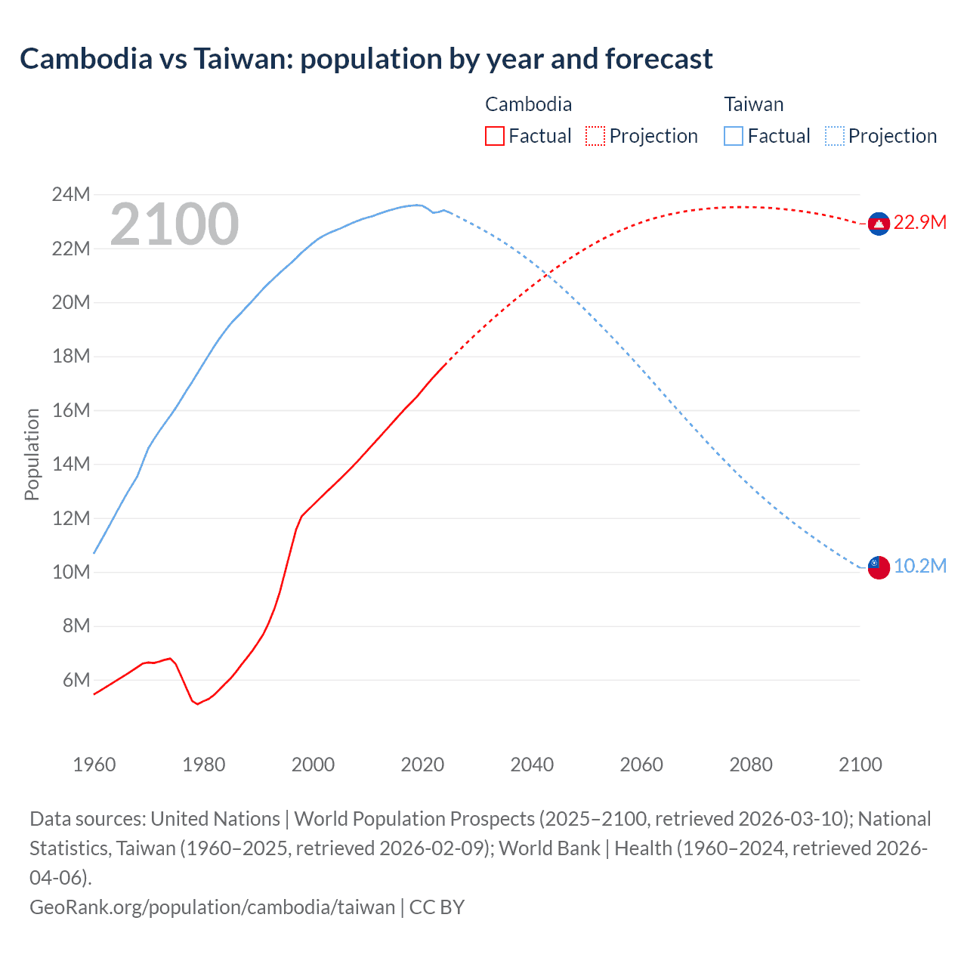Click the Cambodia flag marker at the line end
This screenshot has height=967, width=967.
click(x=878, y=224)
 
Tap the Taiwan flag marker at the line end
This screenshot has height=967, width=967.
click(x=878, y=567)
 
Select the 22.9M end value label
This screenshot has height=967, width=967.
click(x=919, y=223)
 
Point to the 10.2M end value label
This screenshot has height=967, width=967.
click(x=919, y=567)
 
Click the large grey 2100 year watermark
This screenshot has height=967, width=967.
click(x=175, y=224)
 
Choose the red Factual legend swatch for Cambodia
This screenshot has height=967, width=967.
click(x=494, y=136)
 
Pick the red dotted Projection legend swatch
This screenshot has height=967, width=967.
click(x=595, y=136)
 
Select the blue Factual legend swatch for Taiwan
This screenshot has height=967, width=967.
click(x=733, y=136)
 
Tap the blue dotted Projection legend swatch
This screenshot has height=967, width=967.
click(x=834, y=136)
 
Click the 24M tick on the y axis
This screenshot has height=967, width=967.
click(x=71, y=195)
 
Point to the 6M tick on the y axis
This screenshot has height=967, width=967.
click(x=76, y=680)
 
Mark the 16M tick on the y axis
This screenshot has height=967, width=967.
click(x=71, y=410)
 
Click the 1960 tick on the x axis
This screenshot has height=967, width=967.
click(x=94, y=765)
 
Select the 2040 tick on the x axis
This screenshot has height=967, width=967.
click(x=532, y=765)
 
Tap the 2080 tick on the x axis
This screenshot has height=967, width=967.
click(x=751, y=765)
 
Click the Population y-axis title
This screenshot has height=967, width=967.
click(x=32, y=454)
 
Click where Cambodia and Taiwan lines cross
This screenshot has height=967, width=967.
click(x=546, y=277)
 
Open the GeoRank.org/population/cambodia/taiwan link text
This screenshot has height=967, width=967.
click(x=212, y=907)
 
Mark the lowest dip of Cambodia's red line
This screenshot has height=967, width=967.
click(x=198, y=704)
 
